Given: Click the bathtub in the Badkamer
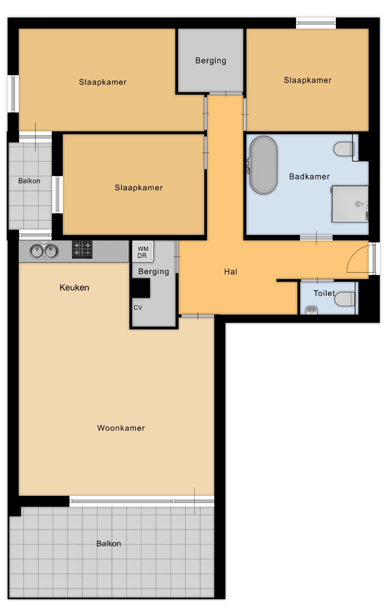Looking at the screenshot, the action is [x=263, y=165].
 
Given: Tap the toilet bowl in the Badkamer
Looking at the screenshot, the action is [x=344, y=149].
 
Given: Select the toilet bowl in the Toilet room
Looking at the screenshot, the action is [x=345, y=299].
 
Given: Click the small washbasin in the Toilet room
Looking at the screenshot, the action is [x=311, y=310].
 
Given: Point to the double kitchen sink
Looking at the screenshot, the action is [x=44, y=251].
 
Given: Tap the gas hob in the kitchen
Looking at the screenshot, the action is [x=82, y=249].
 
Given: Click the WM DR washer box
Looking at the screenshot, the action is [x=143, y=251].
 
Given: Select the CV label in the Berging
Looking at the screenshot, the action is [x=138, y=307].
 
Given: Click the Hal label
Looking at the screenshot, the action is [x=231, y=272].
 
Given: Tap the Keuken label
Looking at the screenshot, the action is [x=74, y=287].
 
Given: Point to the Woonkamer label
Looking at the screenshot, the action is [x=121, y=428].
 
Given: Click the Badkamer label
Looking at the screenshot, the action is [x=309, y=176].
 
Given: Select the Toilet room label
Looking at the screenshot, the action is [x=324, y=293].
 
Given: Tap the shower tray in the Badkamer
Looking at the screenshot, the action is [x=350, y=204].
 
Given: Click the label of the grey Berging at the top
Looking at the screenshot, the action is [x=211, y=61].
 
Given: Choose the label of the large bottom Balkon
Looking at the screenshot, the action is [x=108, y=543].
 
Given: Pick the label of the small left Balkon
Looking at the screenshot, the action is [x=29, y=181].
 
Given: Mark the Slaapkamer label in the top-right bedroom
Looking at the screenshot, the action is [x=308, y=80].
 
